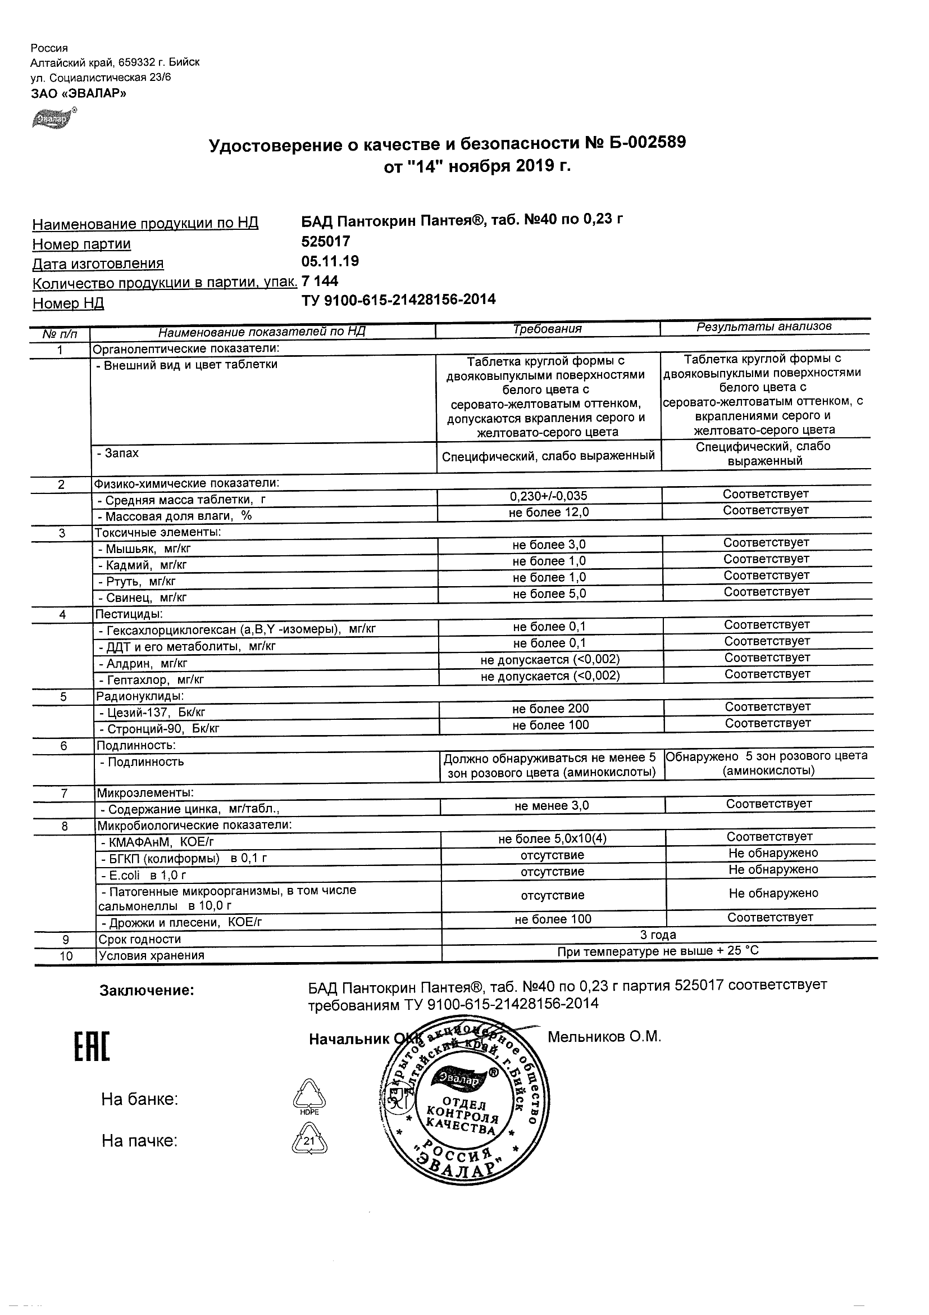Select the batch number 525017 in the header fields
click(326, 241)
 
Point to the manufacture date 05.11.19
click(330, 261)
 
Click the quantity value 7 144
click(320, 280)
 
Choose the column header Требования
click(547, 329)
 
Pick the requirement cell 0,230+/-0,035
click(549, 496)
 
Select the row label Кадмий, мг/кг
click(143, 565)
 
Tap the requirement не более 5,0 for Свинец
click(549, 594)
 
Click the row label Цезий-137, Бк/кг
click(152, 713)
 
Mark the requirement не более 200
click(550, 709)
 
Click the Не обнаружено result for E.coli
click(773, 869)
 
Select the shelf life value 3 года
click(658, 935)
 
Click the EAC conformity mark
click(92, 1048)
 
